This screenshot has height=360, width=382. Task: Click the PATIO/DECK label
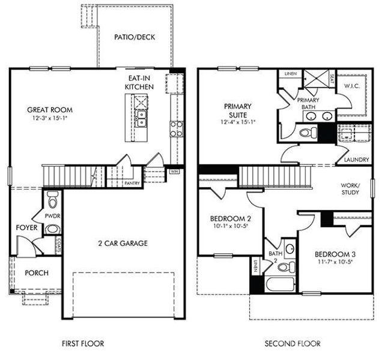tap(135, 37)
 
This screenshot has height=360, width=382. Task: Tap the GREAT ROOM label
tap(49, 110)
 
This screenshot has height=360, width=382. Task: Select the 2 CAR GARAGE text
tap(123, 243)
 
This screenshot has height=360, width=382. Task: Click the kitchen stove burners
tap(177, 128)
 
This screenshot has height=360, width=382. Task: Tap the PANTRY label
tap(132, 183)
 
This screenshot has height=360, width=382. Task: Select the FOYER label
tap(27, 228)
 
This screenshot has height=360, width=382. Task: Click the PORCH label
tap(36, 273)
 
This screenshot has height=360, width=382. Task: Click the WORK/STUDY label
tap(350, 189)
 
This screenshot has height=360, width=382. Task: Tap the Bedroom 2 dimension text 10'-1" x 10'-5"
tap(229, 227)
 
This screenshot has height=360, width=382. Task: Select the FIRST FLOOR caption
tap(83, 344)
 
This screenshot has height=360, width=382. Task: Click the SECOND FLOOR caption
tap(293, 344)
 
